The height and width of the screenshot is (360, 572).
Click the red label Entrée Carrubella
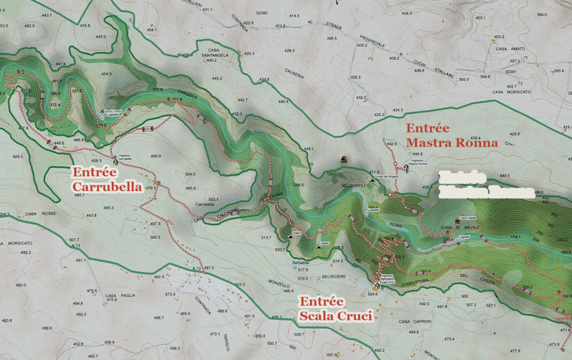pos(106,179)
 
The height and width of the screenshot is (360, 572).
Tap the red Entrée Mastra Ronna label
pos(451,135)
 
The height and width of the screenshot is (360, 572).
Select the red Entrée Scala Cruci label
pos(335,309)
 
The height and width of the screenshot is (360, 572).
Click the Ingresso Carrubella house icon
pos(116,162)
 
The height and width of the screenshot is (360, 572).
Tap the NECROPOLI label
pos(354,184)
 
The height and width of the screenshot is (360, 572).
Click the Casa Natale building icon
pos(464,221)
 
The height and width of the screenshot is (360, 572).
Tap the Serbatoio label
pos(300,263)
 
